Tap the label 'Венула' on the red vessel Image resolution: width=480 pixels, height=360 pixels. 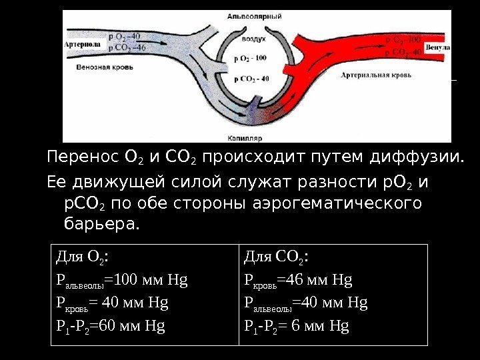click(437, 48)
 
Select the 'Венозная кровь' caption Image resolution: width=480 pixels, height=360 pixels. click(106, 67)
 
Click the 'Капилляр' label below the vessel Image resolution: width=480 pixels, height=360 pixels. click(248, 137)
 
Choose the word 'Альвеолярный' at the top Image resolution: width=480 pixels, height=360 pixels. click(253, 15)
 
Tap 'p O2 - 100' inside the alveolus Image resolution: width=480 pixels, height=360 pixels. click(250, 59)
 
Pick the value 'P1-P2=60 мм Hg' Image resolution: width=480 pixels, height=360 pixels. click(111, 326)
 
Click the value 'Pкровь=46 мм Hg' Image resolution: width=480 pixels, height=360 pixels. click(298, 279)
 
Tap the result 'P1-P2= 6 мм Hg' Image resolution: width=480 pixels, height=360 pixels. click(297, 326)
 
